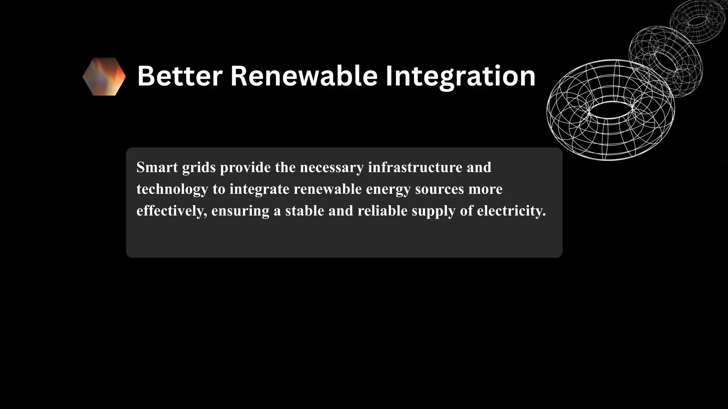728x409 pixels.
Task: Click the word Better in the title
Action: (180, 76)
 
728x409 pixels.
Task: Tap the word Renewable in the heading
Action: (304, 76)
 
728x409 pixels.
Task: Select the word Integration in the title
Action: (460, 76)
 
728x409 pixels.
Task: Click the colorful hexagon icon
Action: (104, 77)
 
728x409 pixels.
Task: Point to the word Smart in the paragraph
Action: (157, 167)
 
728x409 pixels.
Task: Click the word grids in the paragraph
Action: (199, 167)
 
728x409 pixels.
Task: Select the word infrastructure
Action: (415, 167)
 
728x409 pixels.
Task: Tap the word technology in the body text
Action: (172, 189)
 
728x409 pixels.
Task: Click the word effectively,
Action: (172, 211)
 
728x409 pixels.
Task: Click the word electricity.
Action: (511, 211)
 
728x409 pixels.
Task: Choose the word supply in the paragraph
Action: (433, 211)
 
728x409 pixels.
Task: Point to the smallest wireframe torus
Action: (697, 21)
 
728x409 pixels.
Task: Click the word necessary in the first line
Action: (332, 167)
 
